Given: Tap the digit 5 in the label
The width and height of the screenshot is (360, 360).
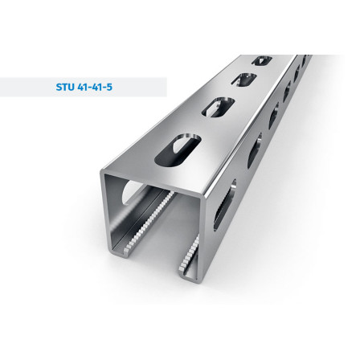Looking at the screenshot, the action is click(109, 87).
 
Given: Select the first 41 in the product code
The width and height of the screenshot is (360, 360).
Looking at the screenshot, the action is click(82, 87).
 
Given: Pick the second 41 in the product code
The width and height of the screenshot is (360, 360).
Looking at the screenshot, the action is click(96, 87).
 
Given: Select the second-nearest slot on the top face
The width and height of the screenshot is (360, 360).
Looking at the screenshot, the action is click(218, 108).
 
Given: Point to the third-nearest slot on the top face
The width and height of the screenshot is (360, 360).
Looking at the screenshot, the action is click(244, 80).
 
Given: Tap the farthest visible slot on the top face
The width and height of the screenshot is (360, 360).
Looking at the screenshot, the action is click(262, 60).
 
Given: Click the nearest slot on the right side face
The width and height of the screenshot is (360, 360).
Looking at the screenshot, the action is click(225, 205).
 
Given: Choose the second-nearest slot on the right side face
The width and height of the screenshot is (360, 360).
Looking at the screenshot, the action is click(255, 150).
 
